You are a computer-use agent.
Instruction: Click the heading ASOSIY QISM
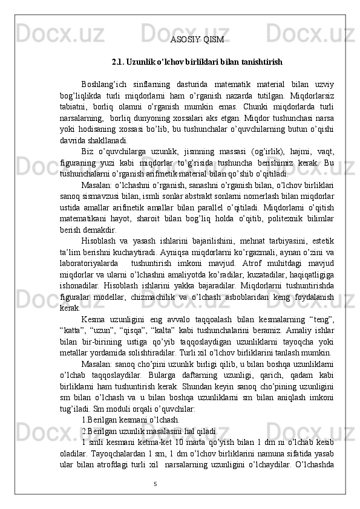(197, 40)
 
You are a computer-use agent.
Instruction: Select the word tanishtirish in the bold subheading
(260, 62)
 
